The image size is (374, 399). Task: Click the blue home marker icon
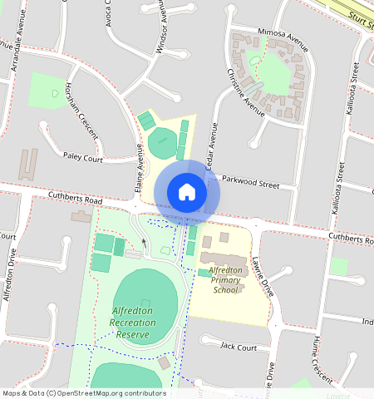coord(187,193)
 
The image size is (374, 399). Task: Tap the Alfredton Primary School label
coord(225,280)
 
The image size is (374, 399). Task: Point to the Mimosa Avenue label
coord(283,35)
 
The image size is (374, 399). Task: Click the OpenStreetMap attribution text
coord(84,393)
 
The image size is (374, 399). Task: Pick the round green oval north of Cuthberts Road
coord(163,143)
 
